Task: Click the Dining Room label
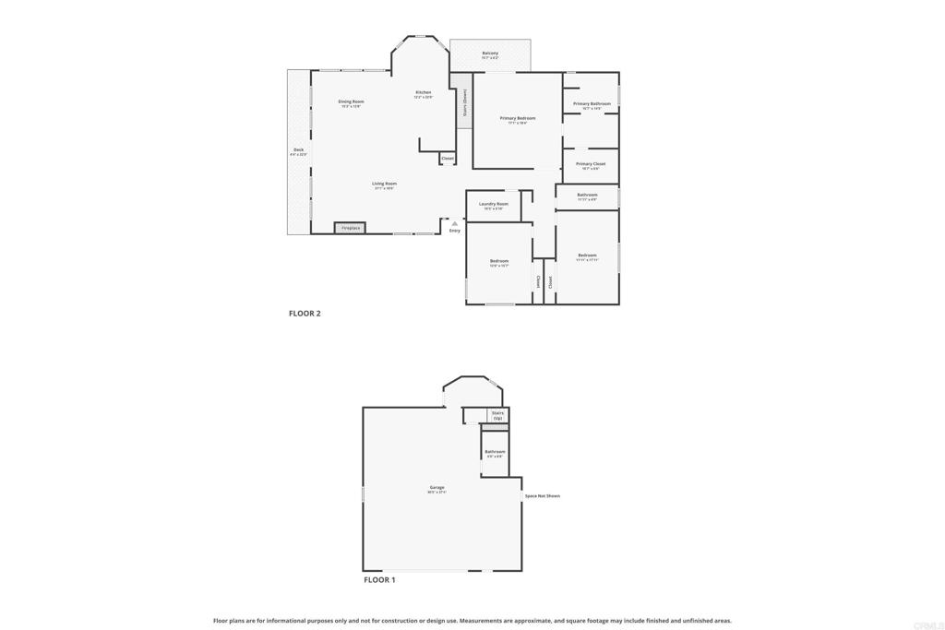(x=351, y=101)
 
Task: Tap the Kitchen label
(x=423, y=93)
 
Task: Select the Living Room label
(x=384, y=184)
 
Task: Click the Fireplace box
(x=350, y=228)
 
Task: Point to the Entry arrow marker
(x=454, y=223)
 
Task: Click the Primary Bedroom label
(x=517, y=118)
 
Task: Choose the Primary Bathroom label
(x=592, y=104)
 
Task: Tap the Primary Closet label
(x=591, y=164)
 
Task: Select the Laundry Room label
(x=493, y=204)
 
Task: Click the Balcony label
(x=490, y=53)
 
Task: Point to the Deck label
(x=298, y=150)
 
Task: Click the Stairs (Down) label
(x=464, y=102)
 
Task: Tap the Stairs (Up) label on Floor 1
(x=497, y=415)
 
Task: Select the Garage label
(x=437, y=488)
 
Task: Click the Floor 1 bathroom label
(x=495, y=452)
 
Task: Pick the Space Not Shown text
(x=542, y=496)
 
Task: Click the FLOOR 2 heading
(x=305, y=314)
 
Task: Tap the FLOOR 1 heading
(x=379, y=580)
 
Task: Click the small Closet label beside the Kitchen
(x=448, y=159)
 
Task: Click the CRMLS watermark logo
(x=928, y=623)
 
